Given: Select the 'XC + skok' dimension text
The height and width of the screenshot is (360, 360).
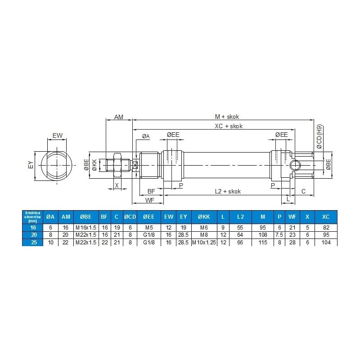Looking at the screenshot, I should (x=229, y=126).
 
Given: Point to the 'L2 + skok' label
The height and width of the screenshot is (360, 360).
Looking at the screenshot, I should (x=228, y=191).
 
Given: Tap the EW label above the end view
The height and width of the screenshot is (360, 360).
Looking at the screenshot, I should (x=57, y=135).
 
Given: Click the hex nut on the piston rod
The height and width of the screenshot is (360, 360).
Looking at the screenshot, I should (x=117, y=165).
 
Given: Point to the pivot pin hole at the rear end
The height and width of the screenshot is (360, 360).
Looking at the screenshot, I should (x=294, y=165).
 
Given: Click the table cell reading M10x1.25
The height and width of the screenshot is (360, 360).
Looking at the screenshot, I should (x=203, y=243).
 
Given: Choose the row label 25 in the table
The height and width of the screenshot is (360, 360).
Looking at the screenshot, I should (x=32, y=243).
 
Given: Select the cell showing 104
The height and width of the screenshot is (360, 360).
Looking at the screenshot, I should (x=326, y=243).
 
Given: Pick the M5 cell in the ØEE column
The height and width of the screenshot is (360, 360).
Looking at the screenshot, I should (x=148, y=228).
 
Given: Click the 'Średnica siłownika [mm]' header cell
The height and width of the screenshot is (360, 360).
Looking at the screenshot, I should (x=32, y=216).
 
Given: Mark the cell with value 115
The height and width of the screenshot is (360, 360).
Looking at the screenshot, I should (x=263, y=243).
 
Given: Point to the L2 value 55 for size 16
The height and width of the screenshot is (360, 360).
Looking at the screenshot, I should (x=240, y=228).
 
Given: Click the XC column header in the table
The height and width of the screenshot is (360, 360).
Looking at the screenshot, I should (x=326, y=216).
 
